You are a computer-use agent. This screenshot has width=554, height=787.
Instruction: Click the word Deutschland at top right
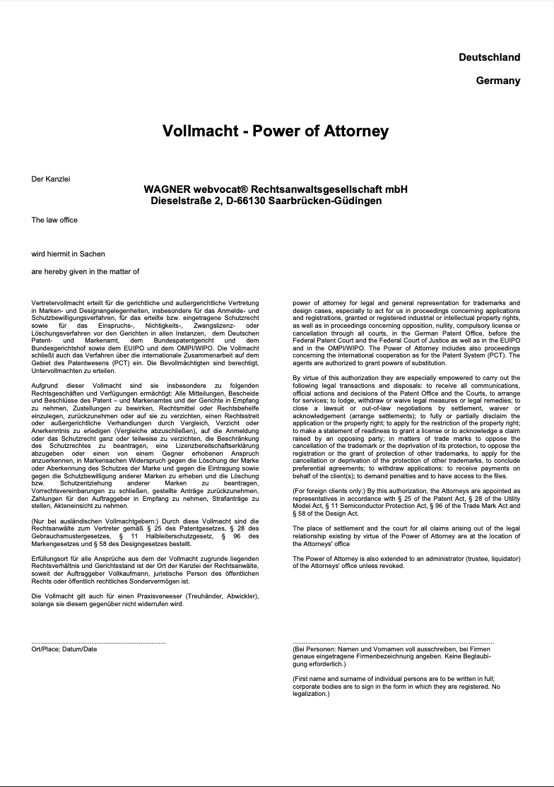click(489, 57)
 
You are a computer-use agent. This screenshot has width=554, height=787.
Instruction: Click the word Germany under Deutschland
click(497, 81)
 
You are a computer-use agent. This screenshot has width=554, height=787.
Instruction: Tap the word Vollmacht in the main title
click(196, 131)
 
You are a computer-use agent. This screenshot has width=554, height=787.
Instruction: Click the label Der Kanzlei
click(51, 179)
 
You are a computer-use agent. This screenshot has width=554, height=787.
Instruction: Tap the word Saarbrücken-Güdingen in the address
click(325, 201)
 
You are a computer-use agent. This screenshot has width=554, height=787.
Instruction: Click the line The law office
click(54, 220)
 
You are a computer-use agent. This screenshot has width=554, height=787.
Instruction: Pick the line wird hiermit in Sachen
click(68, 254)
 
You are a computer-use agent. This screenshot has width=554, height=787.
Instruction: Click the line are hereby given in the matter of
click(85, 271)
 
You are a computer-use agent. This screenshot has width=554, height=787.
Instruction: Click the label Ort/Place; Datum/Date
click(64, 649)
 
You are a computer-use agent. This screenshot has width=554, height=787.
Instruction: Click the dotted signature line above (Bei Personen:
click(393, 642)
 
